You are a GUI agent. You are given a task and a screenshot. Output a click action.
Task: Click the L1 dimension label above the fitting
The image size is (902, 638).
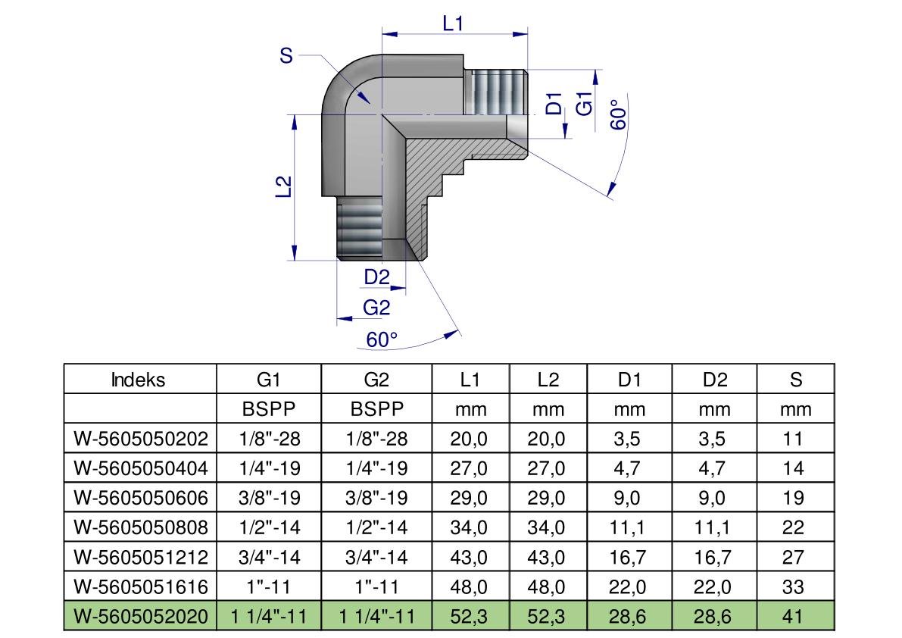pos(453,23)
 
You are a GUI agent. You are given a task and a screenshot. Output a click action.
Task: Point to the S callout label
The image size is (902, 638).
pos(286,56)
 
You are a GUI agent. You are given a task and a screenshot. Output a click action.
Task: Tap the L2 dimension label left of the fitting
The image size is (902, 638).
pos(283,187)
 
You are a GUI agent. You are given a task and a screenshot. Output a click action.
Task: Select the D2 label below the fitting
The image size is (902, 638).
pos(377,277)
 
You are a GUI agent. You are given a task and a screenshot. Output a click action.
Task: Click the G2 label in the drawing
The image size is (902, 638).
pos(376,308)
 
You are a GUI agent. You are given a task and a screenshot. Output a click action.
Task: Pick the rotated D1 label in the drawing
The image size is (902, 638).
pos(554,104)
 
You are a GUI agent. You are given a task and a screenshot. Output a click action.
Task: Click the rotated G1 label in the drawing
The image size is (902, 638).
pos(584,104)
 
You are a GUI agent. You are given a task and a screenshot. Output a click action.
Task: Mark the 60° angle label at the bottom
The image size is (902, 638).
pos(382,339)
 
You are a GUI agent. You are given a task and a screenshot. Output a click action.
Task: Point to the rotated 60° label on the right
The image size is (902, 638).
pos(618,114)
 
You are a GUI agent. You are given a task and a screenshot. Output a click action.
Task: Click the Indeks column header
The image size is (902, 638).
pos(138,380)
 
